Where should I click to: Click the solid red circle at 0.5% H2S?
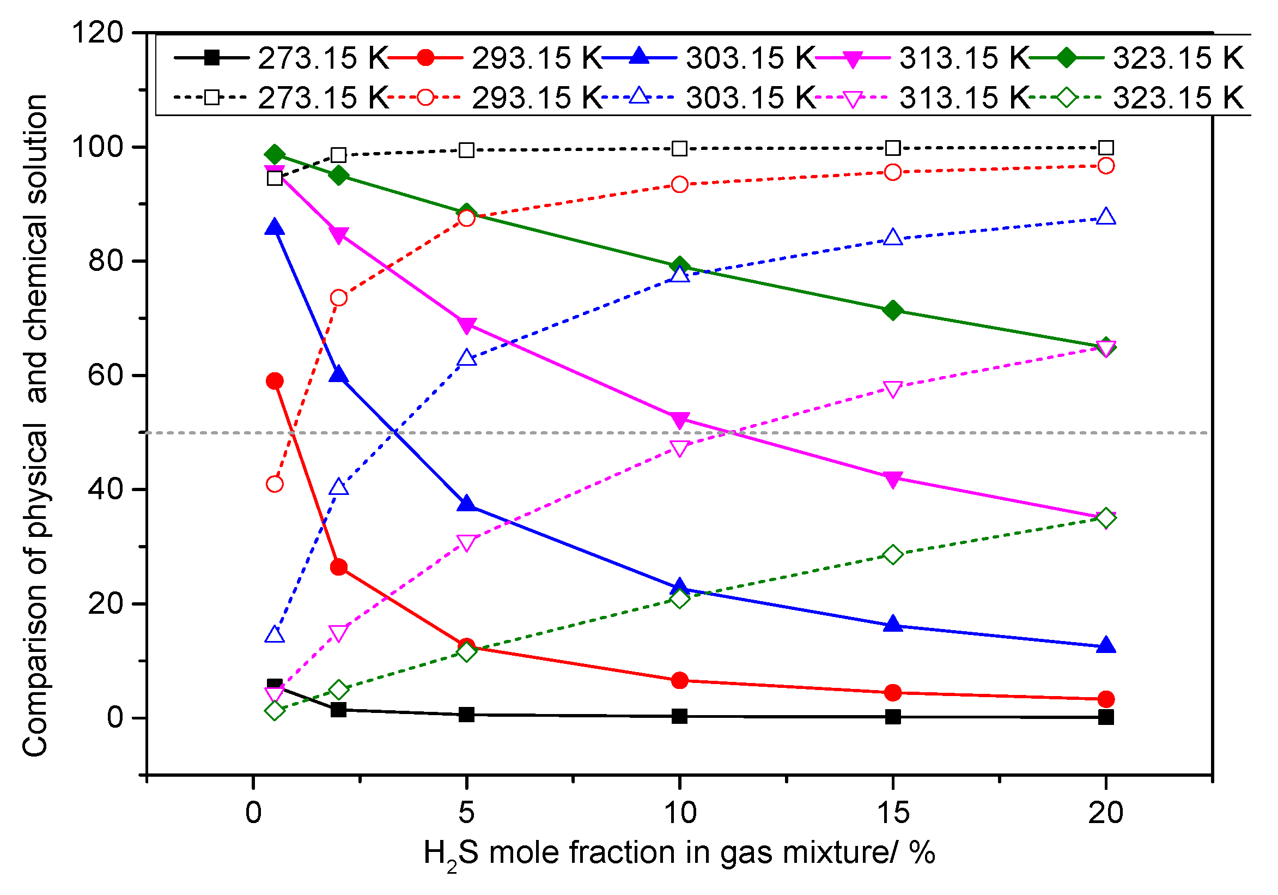click(x=275, y=382)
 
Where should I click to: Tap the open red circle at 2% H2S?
click(x=338, y=298)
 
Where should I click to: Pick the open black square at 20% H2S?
click(x=1106, y=148)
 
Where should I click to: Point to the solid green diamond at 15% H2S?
click(x=893, y=310)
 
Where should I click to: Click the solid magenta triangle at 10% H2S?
click(x=679, y=420)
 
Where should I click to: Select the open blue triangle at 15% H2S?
click(x=893, y=238)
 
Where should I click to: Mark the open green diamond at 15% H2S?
click(x=893, y=555)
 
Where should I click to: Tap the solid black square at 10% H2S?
click(x=679, y=716)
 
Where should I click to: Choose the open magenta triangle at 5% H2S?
click(x=466, y=543)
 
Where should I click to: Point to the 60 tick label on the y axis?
click(x=106, y=376)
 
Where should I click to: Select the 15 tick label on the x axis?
click(x=893, y=813)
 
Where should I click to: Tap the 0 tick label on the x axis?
click(x=253, y=813)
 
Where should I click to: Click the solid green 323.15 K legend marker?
click(x=1067, y=57)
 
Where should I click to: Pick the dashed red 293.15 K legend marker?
click(x=425, y=98)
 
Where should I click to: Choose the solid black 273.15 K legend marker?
click(x=211, y=57)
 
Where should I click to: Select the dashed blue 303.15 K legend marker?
click(x=640, y=97)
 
